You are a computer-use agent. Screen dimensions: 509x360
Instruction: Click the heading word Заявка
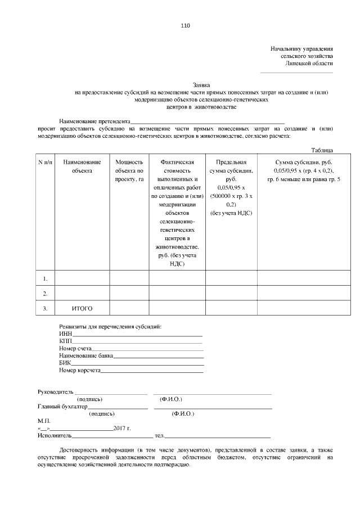coord(201,84)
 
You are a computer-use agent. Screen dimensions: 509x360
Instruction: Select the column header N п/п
coord(46,162)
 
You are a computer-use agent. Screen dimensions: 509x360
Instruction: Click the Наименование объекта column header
coord(82,166)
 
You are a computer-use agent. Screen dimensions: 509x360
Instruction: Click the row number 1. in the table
coord(46,278)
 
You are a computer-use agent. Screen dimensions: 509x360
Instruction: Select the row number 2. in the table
coord(46,294)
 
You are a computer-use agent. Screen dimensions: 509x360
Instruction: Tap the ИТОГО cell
coord(82,309)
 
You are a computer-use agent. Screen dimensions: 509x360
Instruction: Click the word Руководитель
coord(55,391)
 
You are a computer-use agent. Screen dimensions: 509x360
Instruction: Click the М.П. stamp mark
coord(44,421)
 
